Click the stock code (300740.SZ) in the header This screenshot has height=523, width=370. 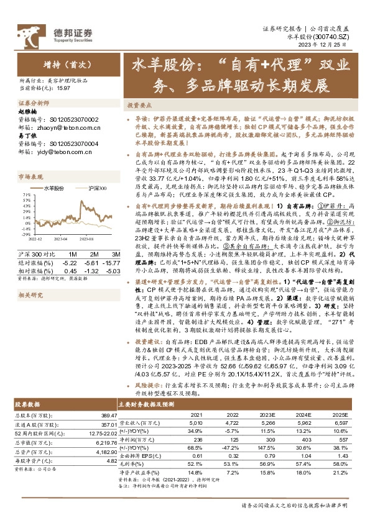[338, 37]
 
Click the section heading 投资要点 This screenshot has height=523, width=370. [140, 106]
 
